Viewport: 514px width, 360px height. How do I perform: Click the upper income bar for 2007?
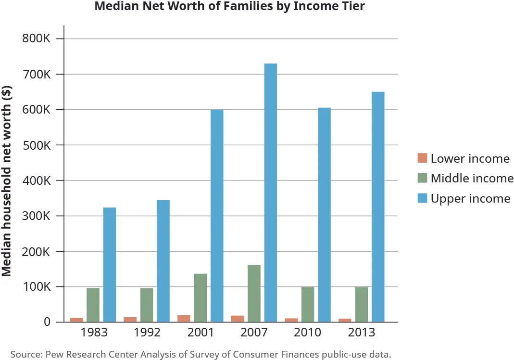pyautogui.click(x=270, y=193)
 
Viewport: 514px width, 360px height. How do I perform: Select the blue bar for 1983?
pyautogui.click(x=110, y=265)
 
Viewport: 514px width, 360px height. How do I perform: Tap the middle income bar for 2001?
pyautogui.click(x=201, y=298)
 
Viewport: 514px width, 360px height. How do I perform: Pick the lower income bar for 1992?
pyautogui.click(x=130, y=320)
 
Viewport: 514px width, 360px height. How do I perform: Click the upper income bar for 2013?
pyautogui.click(x=378, y=207)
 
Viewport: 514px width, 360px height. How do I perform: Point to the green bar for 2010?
pyautogui.click(x=308, y=305)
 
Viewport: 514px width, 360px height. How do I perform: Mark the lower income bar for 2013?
pyautogui.click(x=345, y=320)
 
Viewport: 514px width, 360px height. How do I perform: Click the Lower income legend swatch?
pyautogui.click(x=422, y=158)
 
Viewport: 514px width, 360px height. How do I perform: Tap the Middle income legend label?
pyautogui.click(x=472, y=179)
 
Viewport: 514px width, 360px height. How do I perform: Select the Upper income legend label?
pyautogui.click(x=470, y=198)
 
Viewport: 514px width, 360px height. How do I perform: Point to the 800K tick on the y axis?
pyautogui.click(x=37, y=39)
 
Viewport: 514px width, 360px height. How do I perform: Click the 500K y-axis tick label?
pyautogui.click(x=37, y=145)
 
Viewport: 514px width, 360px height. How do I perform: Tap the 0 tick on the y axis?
pyautogui.click(x=47, y=322)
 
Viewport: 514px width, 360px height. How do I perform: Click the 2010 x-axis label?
pyautogui.click(x=308, y=333)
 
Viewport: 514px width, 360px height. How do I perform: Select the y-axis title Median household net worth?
pyautogui.click(x=7, y=180)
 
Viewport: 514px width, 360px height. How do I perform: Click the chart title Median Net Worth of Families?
pyautogui.click(x=230, y=7)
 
